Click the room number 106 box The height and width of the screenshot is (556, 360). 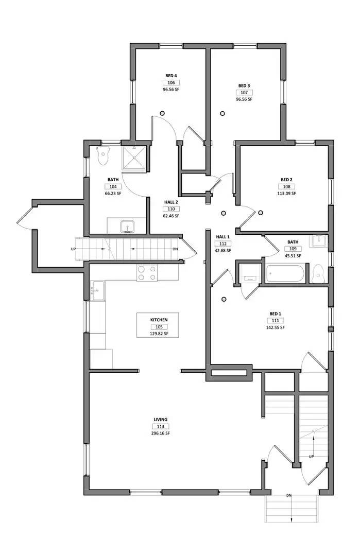(171, 82)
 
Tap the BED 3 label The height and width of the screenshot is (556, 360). (244, 85)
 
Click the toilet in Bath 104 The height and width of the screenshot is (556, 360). (104, 155)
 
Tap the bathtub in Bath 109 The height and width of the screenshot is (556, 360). (287, 273)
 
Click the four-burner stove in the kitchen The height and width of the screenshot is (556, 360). (147, 273)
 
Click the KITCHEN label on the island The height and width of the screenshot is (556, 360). (159, 320)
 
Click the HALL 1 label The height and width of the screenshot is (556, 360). (222, 237)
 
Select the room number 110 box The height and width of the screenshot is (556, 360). (171, 209)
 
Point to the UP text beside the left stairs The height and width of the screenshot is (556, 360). (74, 249)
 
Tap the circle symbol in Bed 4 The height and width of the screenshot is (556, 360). (162, 113)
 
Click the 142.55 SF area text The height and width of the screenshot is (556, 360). (275, 327)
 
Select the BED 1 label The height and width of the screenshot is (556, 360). (275, 314)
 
